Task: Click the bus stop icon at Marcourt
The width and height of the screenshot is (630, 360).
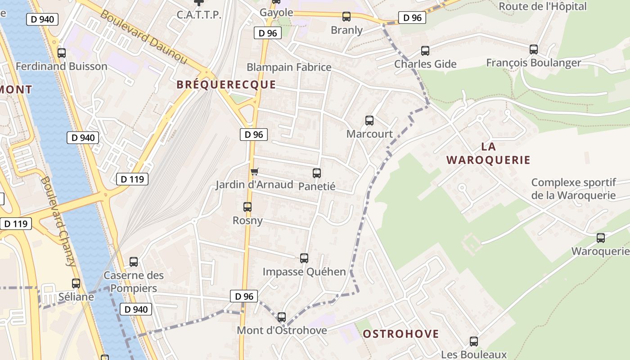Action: pos(369,121)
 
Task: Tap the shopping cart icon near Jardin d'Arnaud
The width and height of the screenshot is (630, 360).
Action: pos(255,171)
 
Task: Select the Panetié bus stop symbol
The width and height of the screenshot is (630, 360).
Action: pos(317,173)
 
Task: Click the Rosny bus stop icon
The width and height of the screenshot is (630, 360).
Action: pos(247,207)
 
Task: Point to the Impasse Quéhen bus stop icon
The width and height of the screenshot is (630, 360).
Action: pos(304,258)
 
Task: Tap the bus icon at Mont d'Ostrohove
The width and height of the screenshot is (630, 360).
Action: pos(282,317)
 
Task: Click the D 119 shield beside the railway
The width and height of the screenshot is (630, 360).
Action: pos(132,179)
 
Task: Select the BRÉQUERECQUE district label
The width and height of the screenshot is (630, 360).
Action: pos(226,85)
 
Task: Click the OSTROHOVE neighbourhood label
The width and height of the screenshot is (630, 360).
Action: pos(400,334)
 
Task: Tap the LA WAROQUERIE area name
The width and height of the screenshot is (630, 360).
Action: pos(488,153)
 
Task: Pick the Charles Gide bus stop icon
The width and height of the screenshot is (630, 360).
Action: pos(425,51)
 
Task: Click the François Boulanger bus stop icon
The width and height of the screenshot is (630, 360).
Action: pos(534,49)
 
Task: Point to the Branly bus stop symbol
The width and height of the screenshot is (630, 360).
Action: pos(346,17)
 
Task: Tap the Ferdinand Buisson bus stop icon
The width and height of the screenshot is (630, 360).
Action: pos(62,53)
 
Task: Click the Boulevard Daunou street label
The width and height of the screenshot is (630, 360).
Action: pos(143,37)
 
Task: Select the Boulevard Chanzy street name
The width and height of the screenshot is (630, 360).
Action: pos(58,220)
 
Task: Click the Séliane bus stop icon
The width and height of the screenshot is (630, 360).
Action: pos(76,283)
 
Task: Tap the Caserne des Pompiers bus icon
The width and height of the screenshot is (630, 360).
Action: pos(134,262)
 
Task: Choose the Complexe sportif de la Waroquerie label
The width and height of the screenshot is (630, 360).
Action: pos(573,189)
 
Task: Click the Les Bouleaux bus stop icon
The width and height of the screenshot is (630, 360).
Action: pos(474,342)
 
